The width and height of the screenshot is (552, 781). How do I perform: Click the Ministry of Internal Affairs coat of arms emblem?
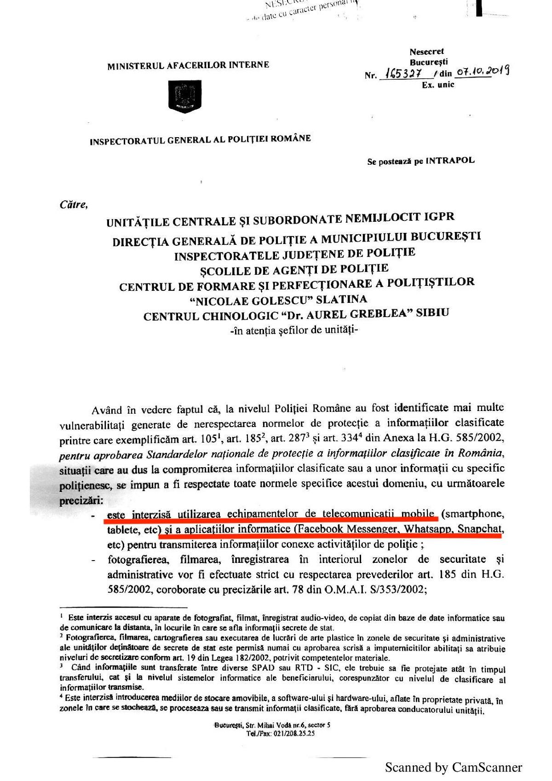click(185, 97)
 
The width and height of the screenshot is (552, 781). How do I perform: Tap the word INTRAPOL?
click(450, 161)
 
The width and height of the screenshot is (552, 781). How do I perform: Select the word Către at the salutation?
click(73, 204)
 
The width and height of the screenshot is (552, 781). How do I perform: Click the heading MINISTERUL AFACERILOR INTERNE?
click(188, 65)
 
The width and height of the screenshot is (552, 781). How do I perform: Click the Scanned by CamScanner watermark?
click(453, 767)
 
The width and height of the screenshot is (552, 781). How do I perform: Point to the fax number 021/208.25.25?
click(293, 734)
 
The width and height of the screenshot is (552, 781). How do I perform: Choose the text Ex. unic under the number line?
click(438, 85)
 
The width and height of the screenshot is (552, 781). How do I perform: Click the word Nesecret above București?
click(426, 52)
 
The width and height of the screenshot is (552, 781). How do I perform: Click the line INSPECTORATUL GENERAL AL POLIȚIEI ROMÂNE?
click(200, 140)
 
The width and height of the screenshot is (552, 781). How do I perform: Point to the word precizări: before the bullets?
click(81, 500)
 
